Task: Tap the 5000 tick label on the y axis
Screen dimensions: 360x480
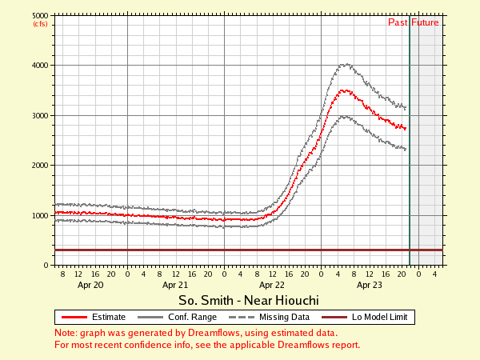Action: pyautogui.click(x=39, y=15)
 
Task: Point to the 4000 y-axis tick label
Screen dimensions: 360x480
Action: pyautogui.click(x=39, y=66)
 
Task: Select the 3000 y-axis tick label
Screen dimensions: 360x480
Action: pyautogui.click(x=39, y=115)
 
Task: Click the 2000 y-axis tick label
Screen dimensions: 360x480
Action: pyautogui.click(x=39, y=166)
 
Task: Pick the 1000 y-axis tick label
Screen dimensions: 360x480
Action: pyautogui.click(x=39, y=215)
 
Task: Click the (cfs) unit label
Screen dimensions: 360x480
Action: pyautogui.click(x=40, y=24)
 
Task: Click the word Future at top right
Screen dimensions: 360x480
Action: pyautogui.click(x=426, y=22)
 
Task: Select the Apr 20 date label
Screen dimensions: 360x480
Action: pyautogui.click(x=90, y=284)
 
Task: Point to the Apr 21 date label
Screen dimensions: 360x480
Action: pyautogui.click(x=175, y=284)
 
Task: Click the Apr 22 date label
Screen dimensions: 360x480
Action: pyautogui.click(x=272, y=284)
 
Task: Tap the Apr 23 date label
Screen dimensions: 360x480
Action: pyautogui.click(x=369, y=284)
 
